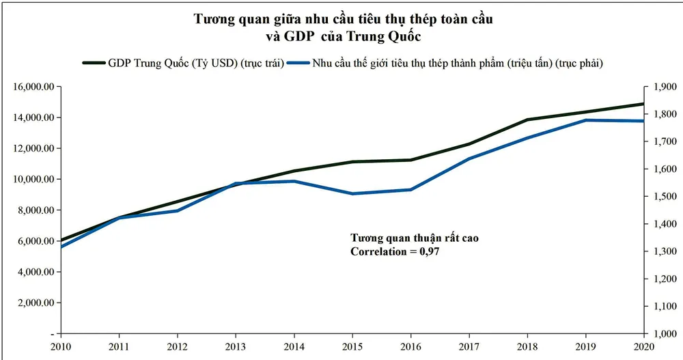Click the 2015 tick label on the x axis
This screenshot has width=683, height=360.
point(352,346)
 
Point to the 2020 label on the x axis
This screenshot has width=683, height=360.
point(643,346)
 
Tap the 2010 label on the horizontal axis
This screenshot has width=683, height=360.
point(61,346)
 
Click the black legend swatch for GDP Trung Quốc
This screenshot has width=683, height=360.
point(93,63)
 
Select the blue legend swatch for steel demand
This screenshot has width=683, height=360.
point(298,63)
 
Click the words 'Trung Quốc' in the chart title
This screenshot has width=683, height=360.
point(385,36)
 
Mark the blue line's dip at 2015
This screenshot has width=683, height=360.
point(352,194)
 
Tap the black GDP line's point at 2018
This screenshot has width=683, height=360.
point(527,120)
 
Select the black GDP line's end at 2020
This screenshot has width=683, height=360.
point(643,104)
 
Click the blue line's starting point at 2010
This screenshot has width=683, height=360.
point(61,247)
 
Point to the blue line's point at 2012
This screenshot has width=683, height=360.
point(178,210)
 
